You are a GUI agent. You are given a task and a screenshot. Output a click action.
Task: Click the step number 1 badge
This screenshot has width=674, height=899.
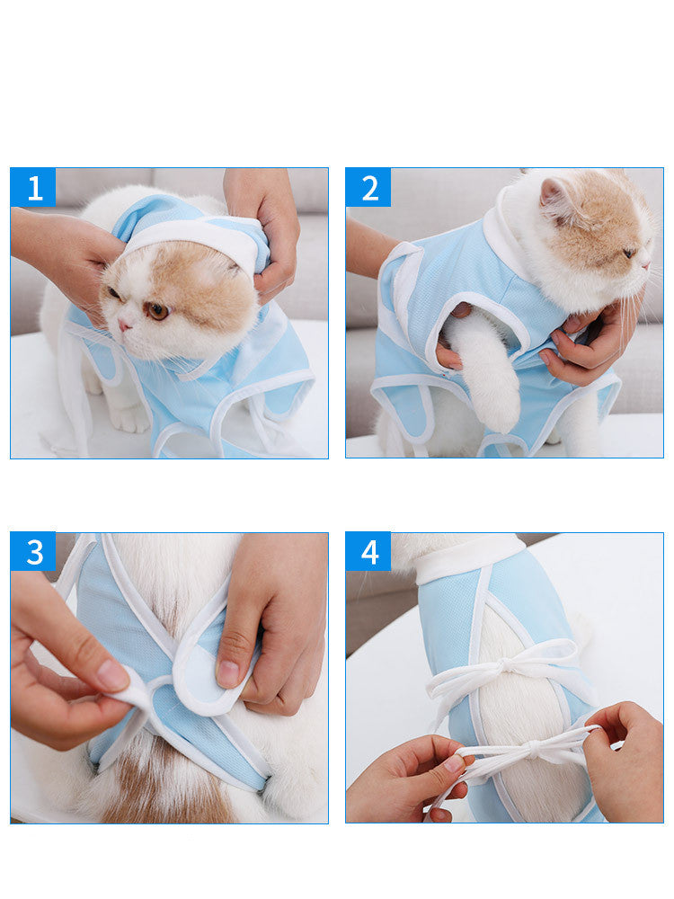coord(33,188)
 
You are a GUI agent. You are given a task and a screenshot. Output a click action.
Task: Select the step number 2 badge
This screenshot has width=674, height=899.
coord(368,188)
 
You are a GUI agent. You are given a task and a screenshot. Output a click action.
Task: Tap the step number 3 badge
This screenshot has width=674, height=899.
coord(33,551)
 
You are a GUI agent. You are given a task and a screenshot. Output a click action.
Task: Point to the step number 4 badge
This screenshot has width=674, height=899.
coord(368,551)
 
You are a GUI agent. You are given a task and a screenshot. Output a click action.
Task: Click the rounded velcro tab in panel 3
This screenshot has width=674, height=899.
coord(202,674)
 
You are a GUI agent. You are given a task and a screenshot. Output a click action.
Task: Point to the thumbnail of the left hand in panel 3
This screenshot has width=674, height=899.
coord(112,675)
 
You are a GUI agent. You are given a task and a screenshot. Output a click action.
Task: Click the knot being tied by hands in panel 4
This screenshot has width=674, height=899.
coord(531,746)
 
